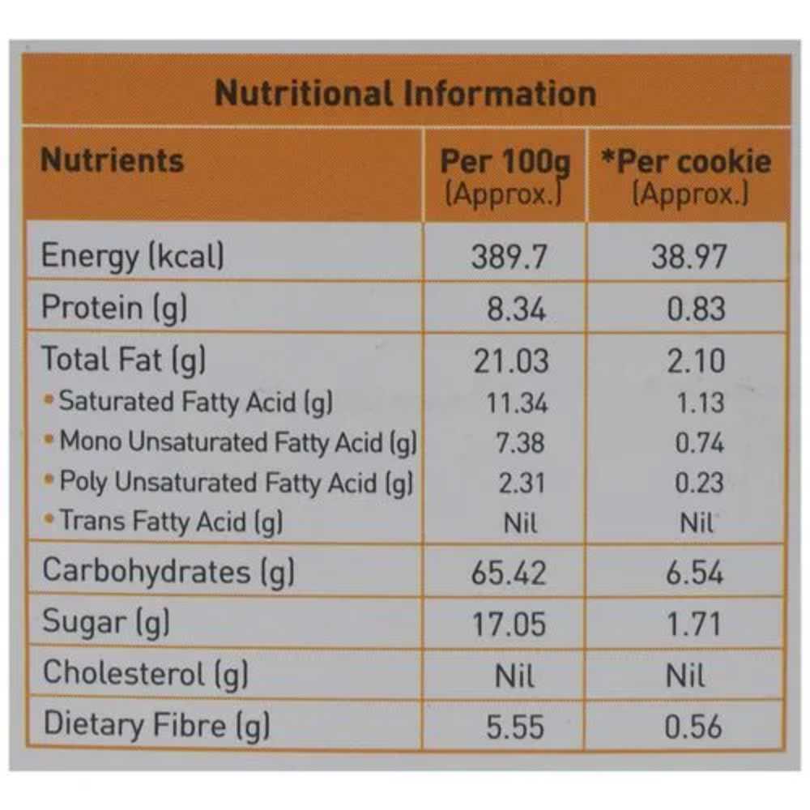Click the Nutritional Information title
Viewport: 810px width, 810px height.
point(405,94)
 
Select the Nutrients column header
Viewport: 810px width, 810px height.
point(112,160)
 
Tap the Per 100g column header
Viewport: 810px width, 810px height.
point(505,163)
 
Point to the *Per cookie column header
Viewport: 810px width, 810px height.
point(686,163)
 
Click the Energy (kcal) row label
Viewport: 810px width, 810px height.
point(133,257)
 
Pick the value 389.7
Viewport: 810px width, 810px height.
point(509,258)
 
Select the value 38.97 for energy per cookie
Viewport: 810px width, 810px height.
point(689,258)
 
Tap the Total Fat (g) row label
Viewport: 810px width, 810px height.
point(123,359)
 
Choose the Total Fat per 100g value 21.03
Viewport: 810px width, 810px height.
point(511,360)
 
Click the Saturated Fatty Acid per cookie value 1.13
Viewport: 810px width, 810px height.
point(700,403)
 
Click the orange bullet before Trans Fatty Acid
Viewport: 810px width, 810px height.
point(49,518)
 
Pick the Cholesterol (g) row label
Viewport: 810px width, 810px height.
point(145,674)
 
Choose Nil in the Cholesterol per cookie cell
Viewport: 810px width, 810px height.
point(684,676)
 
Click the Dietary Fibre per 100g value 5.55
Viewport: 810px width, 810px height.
point(515,727)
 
